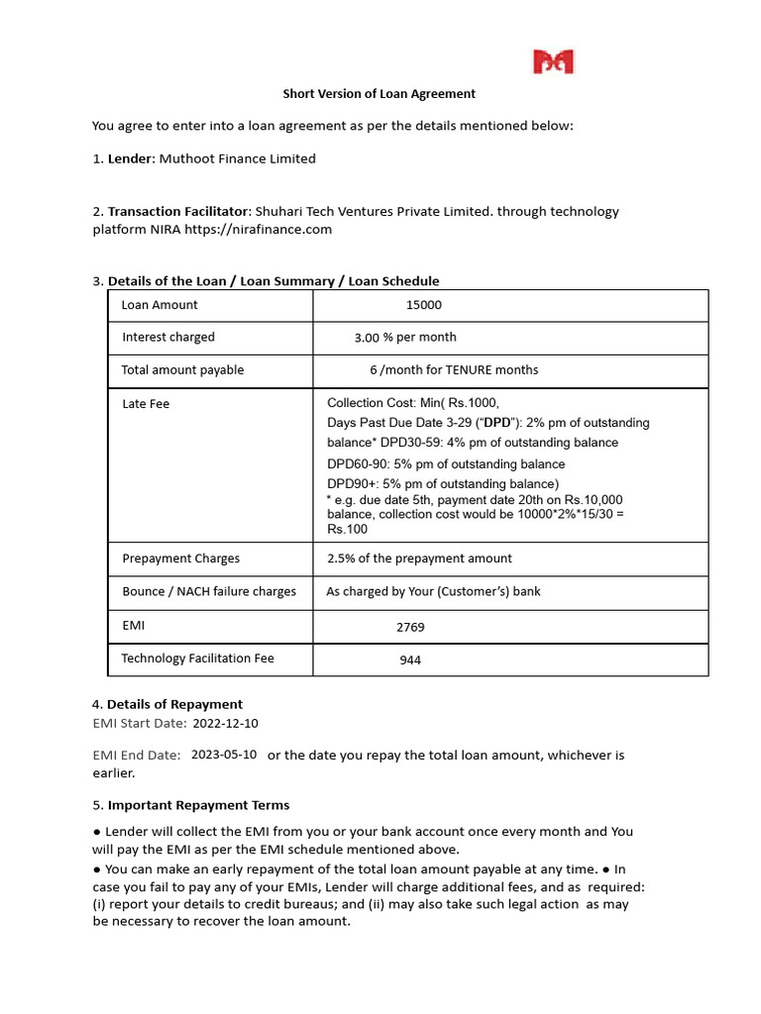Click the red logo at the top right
[554, 62]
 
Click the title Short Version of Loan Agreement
[380, 94]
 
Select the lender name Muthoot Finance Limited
[238, 158]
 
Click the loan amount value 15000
[424, 305]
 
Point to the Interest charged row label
[168, 337]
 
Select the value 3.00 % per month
[405, 338]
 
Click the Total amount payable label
[182, 370]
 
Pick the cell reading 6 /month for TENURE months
[454, 370]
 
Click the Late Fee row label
[146, 404]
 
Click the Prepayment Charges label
[180, 558]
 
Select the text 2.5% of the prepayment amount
[419, 558]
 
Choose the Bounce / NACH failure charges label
[209, 592]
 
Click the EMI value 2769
[410, 627]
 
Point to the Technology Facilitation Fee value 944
[410, 659]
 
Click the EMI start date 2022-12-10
[225, 724]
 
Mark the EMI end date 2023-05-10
[224, 755]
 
